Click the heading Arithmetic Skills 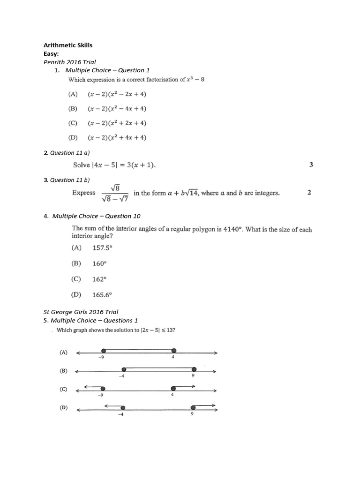point(68,45)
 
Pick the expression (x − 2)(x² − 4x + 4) point(117,109)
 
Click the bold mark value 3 point(311,165)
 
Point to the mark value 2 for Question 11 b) point(309,193)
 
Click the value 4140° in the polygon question point(231,230)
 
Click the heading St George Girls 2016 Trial point(81,312)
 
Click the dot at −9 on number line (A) point(103,351)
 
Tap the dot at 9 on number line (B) point(194,369)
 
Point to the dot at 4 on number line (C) point(173,389)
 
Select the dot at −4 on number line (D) point(123,408)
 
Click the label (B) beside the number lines point(63,370)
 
